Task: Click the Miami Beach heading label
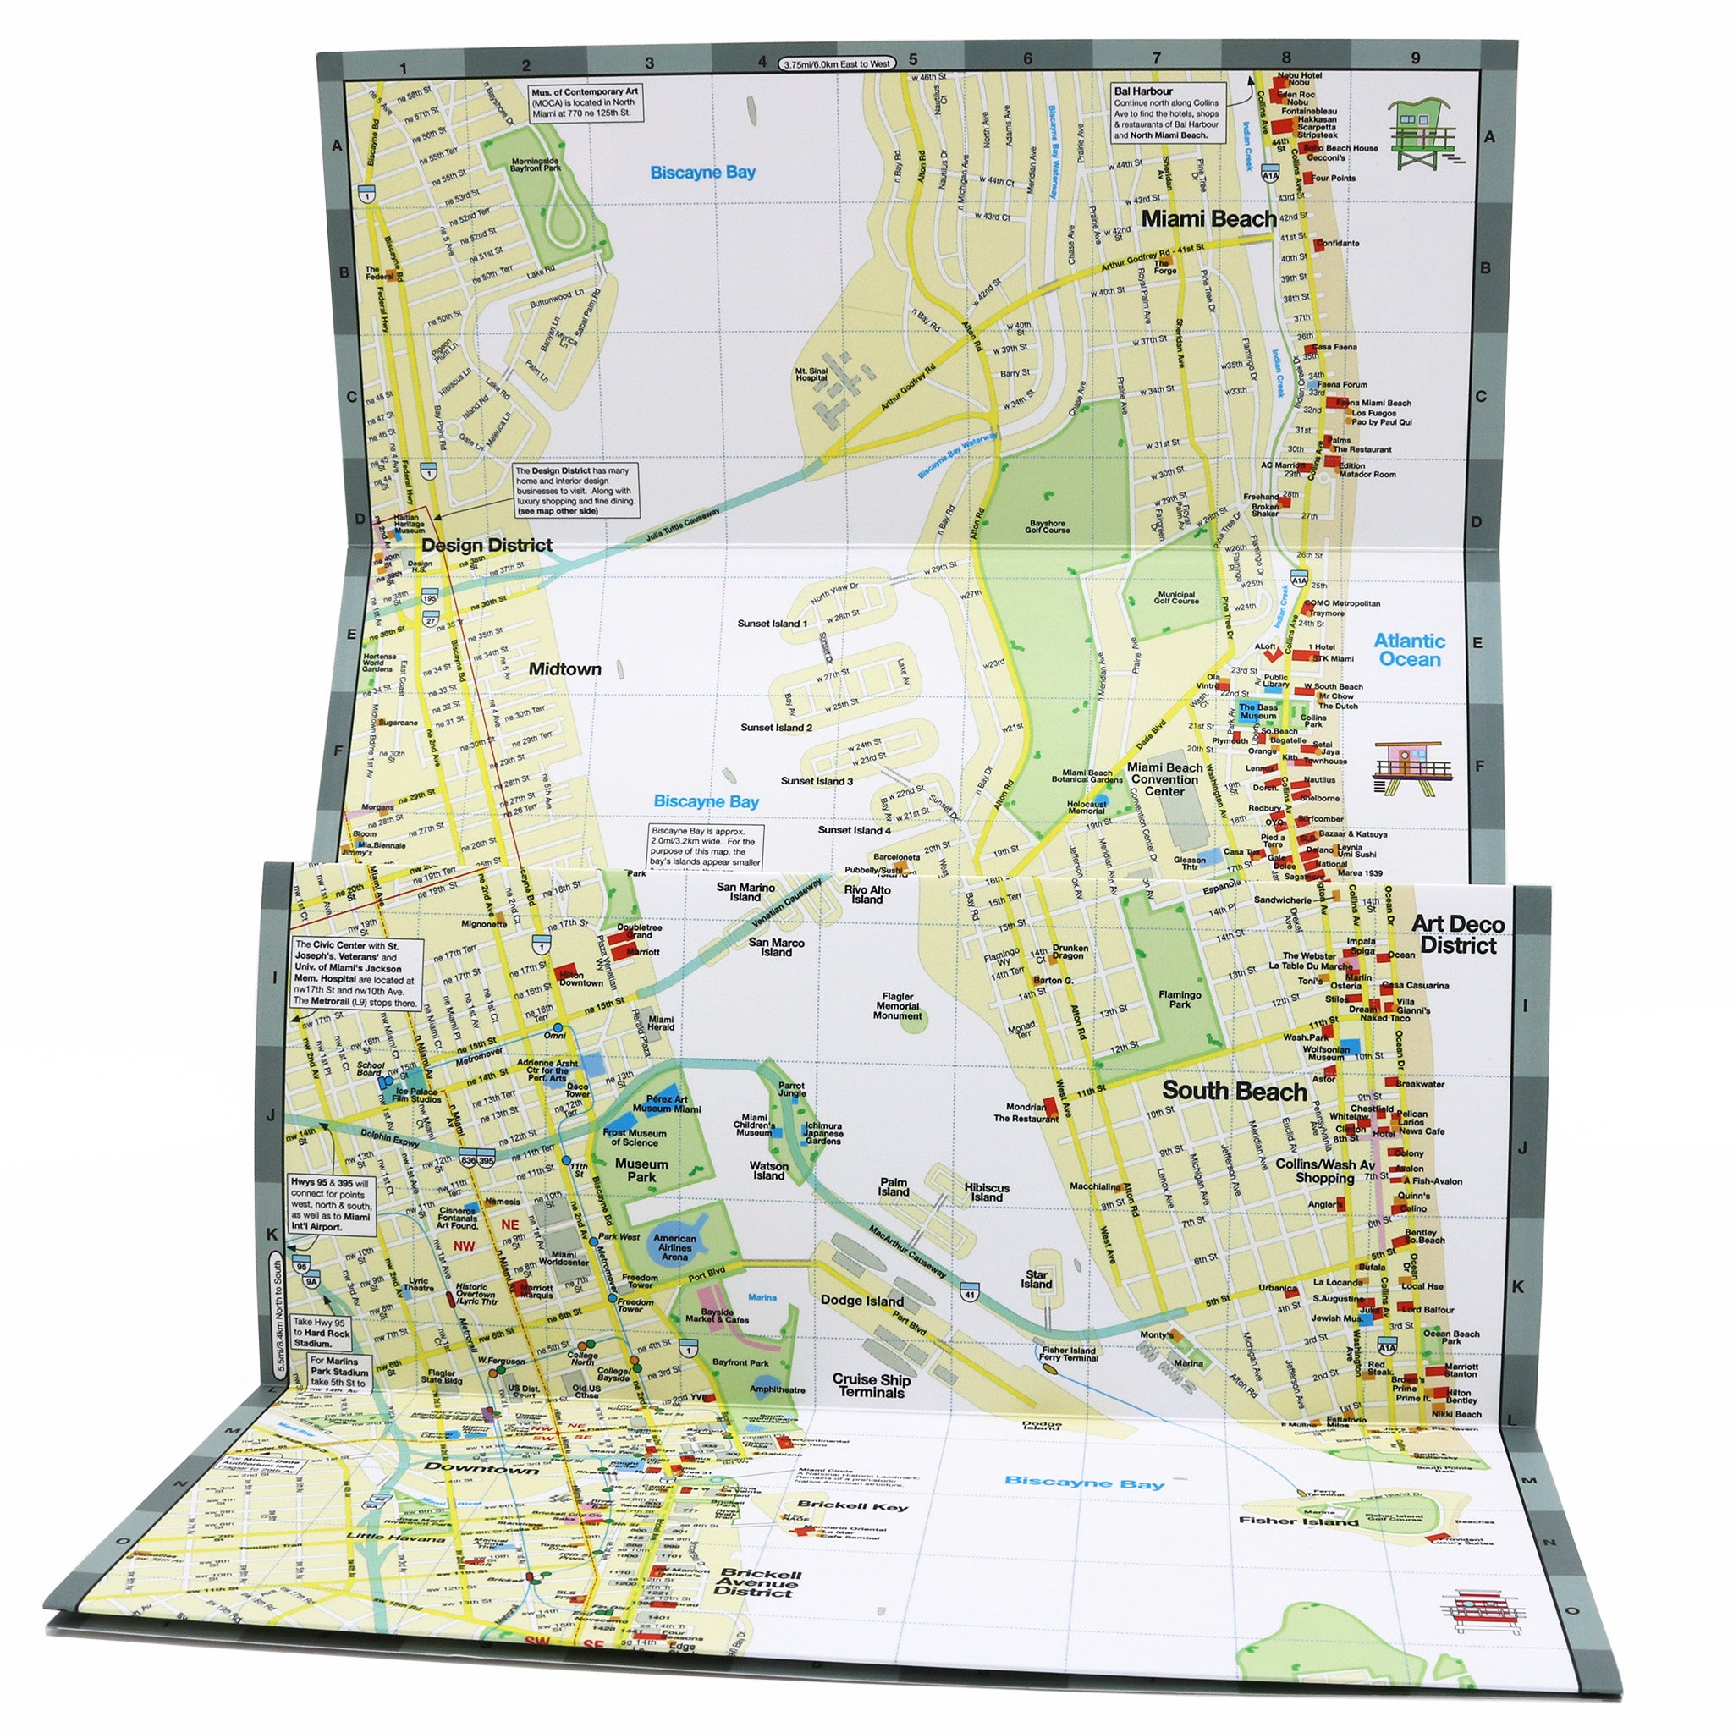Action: [x=1208, y=219]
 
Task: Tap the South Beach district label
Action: [x=1234, y=1091]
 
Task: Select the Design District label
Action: [x=487, y=546]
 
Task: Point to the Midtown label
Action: [x=564, y=668]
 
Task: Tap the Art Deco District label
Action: [x=1458, y=935]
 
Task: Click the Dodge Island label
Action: [x=862, y=1301]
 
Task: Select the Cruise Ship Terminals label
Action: [x=870, y=1386]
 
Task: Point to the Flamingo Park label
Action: [x=1179, y=999]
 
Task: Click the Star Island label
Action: [x=1036, y=1279]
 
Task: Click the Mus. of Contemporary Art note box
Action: [x=585, y=102]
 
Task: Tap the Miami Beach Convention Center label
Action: [x=1164, y=779]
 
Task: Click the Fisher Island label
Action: [x=1297, y=1521]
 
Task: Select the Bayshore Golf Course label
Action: [x=1047, y=526]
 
